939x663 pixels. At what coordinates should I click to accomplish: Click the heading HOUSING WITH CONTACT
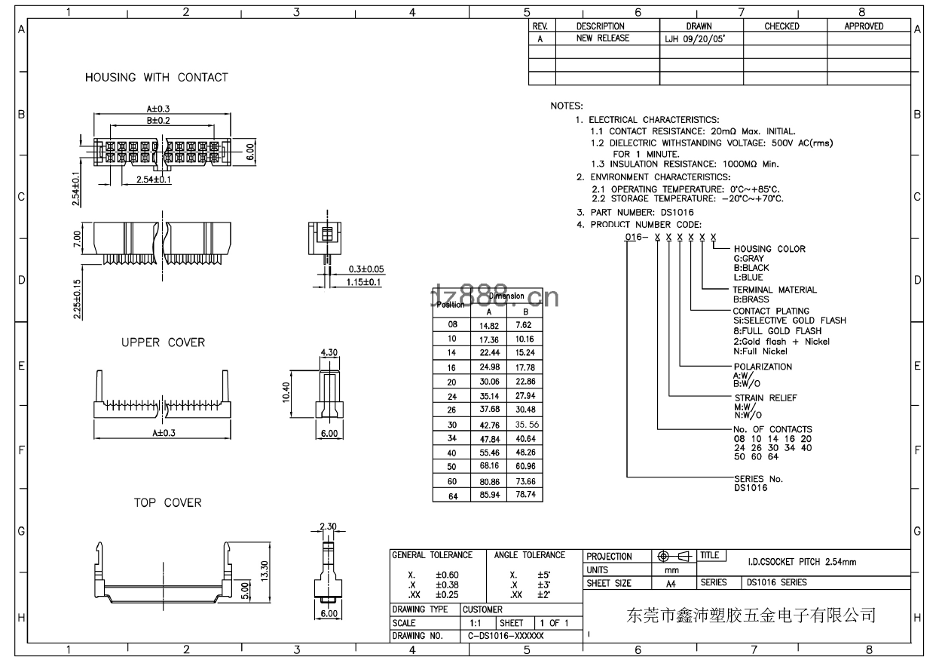156,77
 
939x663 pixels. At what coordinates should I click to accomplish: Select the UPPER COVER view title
163,342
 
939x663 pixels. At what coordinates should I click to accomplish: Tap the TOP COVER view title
167,503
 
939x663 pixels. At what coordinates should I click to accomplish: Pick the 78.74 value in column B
525,495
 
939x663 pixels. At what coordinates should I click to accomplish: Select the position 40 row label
452,453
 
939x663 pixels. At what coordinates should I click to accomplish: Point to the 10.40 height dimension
286,391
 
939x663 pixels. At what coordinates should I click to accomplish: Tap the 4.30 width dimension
329,352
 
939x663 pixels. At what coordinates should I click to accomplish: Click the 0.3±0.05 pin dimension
366,269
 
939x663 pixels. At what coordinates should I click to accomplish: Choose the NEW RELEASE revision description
602,38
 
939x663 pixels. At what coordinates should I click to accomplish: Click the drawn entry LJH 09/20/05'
694,38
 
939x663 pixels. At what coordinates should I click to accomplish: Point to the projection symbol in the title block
675,557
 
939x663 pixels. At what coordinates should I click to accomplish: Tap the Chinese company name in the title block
751,615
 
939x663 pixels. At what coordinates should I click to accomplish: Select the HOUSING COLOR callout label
769,249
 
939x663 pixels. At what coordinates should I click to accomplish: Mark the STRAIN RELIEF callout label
765,397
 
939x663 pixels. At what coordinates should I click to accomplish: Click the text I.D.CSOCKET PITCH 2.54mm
801,562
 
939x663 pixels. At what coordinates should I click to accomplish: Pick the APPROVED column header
864,26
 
